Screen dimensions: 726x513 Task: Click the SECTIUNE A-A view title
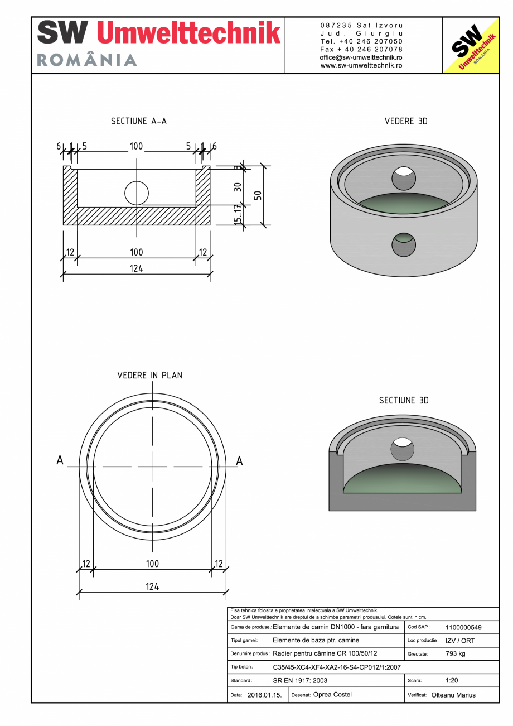pyautogui.click(x=138, y=121)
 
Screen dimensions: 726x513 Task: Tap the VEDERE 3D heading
pyautogui.click(x=406, y=121)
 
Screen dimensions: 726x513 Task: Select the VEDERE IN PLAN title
pyautogui.click(x=149, y=375)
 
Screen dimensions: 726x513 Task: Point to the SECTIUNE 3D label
pyautogui.click(x=404, y=401)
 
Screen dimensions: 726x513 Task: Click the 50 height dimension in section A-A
pyautogui.click(x=258, y=195)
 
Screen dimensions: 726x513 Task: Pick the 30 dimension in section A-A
pyautogui.click(x=238, y=187)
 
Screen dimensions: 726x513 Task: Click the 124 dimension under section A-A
pyautogui.click(x=137, y=268)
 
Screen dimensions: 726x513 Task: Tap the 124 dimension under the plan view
pyautogui.click(x=152, y=586)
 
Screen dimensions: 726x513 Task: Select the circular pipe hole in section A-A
pyautogui.click(x=137, y=194)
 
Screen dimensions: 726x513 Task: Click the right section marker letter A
pyautogui.click(x=239, y=460)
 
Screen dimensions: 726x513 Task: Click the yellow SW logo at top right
pyautogui.click(x=470, y=45)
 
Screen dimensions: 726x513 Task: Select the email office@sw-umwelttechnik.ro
pyautogui.click(x=361, y=57)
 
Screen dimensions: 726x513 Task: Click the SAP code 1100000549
pyautogui.click(x=463, y=627)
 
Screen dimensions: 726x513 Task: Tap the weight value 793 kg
pyautogui.click(x=456, y=653)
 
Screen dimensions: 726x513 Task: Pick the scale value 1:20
pyautogui.click(x=452, y=681)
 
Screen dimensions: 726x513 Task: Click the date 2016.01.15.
pyautogui.click(x=264, y=695)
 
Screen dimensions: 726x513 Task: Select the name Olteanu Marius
pyautogui.click(x=453, y=695)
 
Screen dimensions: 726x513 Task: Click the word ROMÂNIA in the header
pyautogui.click(x=87, y=60)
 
